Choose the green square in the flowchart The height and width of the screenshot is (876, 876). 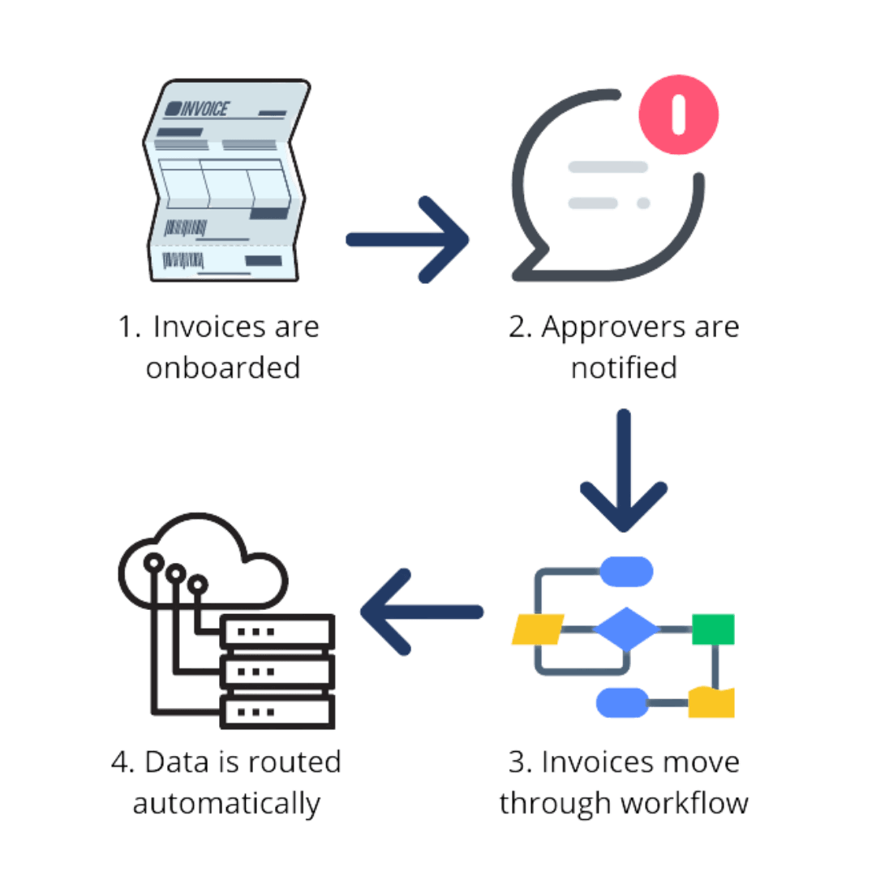coord(713,629)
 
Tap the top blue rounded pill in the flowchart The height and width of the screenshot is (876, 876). coord(626,570)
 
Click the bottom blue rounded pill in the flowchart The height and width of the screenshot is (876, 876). coord(622,702)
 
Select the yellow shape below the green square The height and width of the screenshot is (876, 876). coord(711,702)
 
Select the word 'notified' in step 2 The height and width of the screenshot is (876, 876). coord(623,368)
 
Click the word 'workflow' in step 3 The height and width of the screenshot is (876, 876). coord(683,803)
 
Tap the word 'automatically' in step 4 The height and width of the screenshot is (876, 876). coord(226,803)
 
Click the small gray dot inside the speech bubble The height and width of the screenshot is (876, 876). coord(643,203)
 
